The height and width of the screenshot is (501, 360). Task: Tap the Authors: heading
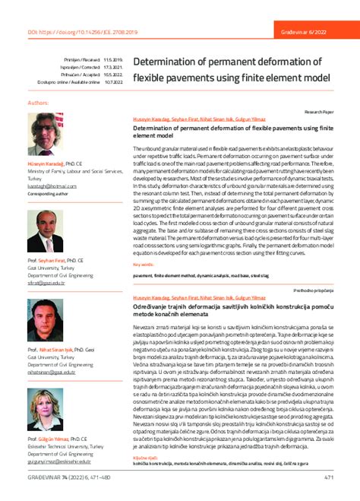(x=38, y=101)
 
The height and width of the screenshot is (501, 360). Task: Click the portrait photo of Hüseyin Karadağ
(x=45, y=133)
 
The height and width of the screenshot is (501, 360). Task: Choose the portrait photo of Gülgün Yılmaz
(x=45, y=410)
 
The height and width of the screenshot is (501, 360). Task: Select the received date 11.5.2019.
(x=112, y=59)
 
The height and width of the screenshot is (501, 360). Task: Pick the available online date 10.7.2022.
(x=112, y=82)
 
